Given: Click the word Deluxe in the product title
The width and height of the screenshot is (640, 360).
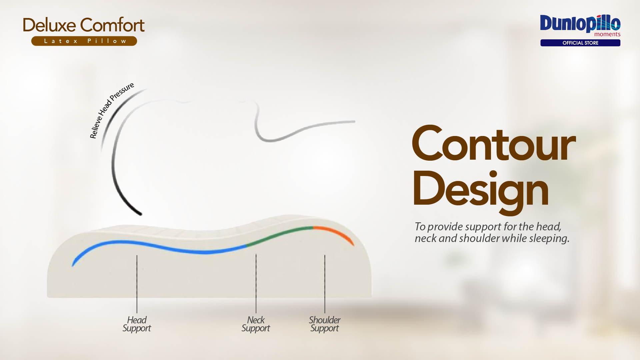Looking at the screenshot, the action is [x=49, y=25].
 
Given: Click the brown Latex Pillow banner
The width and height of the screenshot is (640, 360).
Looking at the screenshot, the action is [x=84, y=41].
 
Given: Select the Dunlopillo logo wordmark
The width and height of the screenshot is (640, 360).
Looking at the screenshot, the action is [x=580, y=23].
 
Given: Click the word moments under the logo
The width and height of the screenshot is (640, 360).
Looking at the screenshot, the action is [x=607, y=34].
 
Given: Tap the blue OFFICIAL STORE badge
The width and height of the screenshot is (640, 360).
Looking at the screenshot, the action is [x=580, y=43].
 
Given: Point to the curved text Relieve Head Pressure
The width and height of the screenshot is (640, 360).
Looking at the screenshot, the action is [x=111, y=110].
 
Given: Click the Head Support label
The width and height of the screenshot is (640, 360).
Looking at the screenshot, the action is [x=137, y=324].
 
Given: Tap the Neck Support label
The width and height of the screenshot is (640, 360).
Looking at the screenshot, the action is [x=256, y=324].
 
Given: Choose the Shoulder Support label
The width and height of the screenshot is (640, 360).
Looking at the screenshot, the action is [x=324, y=324].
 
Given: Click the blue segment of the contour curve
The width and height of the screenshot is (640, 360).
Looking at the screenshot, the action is [x=160, y=247].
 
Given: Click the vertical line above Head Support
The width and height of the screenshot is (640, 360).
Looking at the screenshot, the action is [x=137, y=284].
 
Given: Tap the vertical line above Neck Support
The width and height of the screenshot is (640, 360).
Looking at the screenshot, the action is [x=256, y=284].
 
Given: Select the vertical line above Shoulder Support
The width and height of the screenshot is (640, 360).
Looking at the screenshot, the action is [x=325, y=284].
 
